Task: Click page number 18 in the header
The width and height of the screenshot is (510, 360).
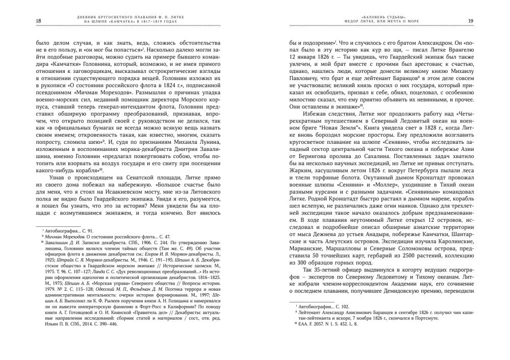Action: (25, 20)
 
